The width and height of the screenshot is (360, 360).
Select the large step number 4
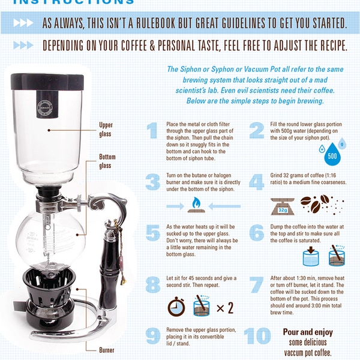[257, 181]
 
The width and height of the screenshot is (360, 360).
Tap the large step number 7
[257, 284]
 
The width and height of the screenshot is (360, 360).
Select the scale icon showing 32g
[283, 206]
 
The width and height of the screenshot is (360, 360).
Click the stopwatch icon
[176, 308]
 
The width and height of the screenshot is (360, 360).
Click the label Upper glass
[106, 130]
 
